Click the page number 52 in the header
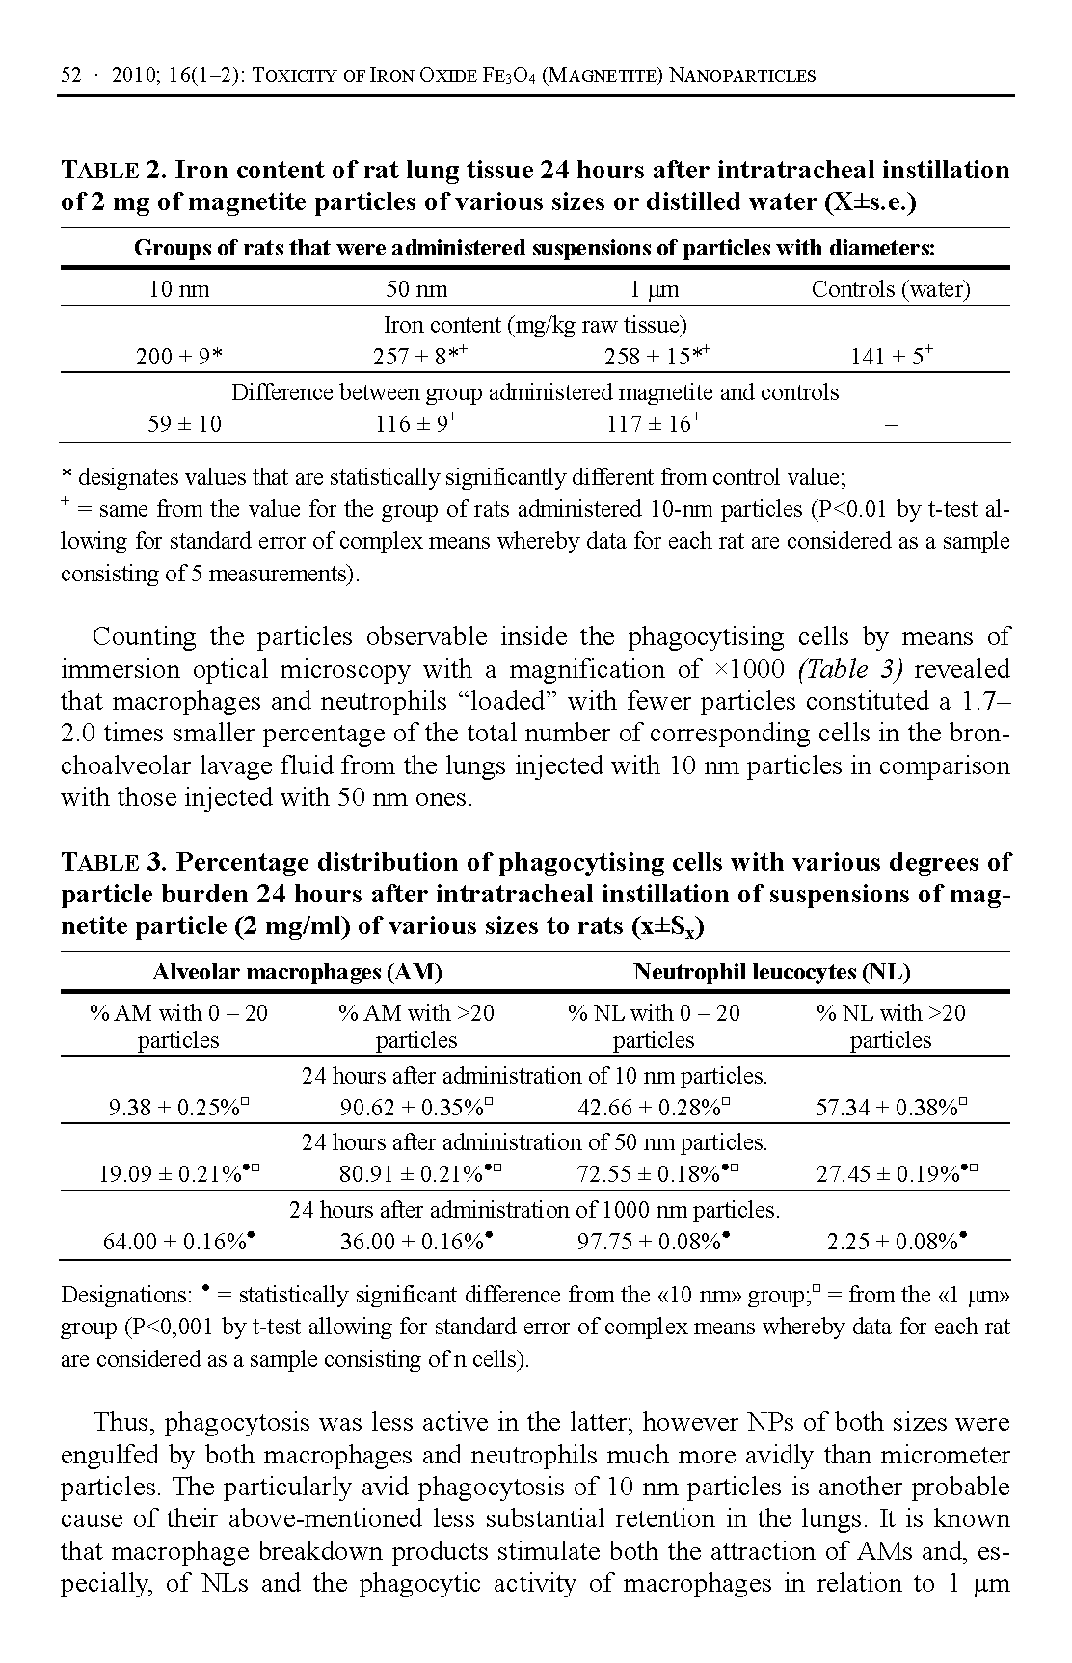pos(71,75)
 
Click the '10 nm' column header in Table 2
pos(178,289)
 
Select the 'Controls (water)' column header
pos(890,289)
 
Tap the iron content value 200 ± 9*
pos(178,358)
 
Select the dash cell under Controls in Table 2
pos(890,424)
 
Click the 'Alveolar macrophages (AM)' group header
pos(297,972)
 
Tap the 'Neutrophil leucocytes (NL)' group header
pos(771,972)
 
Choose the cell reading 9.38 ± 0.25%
pos(178,1108)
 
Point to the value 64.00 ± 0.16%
pos(178,1242)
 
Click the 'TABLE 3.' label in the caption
pos(115,862)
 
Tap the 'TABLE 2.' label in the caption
pos(115,171)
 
